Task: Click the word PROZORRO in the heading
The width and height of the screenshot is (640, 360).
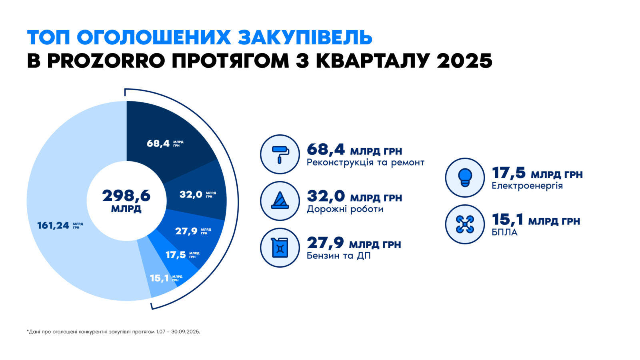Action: (x=106, y=60)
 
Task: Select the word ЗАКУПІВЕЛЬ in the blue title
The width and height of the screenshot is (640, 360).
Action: (x=305, y=37)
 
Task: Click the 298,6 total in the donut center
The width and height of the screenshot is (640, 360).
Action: (x=126, y=196)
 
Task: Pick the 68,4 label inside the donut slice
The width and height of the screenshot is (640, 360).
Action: (x=158, y=143)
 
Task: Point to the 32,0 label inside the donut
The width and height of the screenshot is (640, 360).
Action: (x=191, y=194)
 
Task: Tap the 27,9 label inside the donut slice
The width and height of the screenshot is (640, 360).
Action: (x=186, y=231)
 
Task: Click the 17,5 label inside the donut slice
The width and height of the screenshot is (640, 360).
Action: (x=176, y=254)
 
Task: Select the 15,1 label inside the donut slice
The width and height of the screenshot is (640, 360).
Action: (x=159, y=278)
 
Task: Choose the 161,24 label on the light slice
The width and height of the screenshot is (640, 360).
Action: (x=53, y=226)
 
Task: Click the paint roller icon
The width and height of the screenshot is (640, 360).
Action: (x=280, y=154)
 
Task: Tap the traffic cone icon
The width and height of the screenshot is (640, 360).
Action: (x=280, y=201)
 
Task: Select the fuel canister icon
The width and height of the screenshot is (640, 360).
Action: (x=280, y=248)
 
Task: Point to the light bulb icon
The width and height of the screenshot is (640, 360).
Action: (x=465, y=178)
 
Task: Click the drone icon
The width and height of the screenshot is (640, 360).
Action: (x=465, y=224)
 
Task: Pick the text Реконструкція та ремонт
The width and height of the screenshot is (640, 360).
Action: (x=366, y=162)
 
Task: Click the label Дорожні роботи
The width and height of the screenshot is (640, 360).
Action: (x=345, y=209)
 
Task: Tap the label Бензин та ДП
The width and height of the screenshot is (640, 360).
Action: (x=338, y=256)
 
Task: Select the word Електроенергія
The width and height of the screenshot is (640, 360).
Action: (x=527, y=186)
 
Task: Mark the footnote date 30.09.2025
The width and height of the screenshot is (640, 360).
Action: (x=186, y=332)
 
